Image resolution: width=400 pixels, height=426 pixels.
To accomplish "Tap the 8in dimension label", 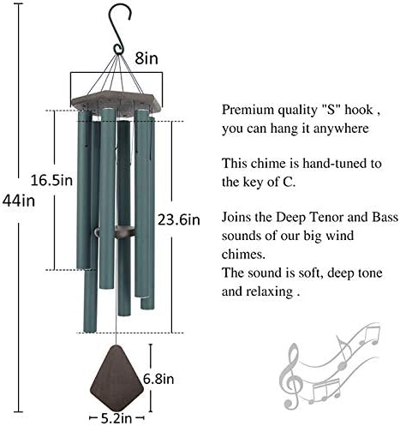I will [146, 60].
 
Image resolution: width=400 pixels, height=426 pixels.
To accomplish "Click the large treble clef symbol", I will [293, 378].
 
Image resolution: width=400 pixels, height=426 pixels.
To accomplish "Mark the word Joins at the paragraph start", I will [238, 215].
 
